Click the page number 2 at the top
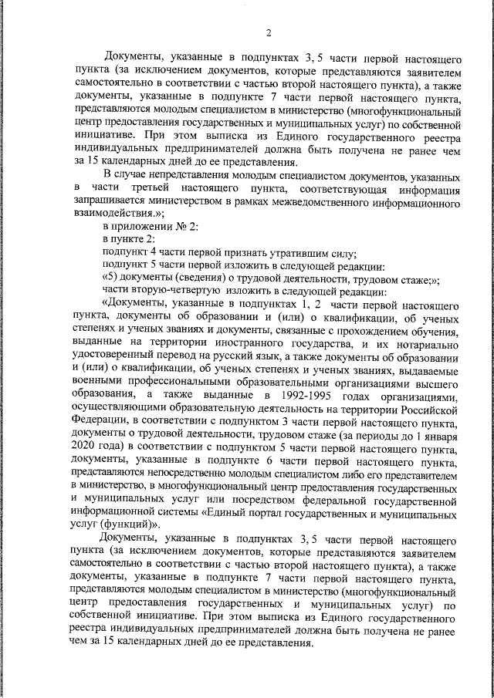click(x=268, y=32)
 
